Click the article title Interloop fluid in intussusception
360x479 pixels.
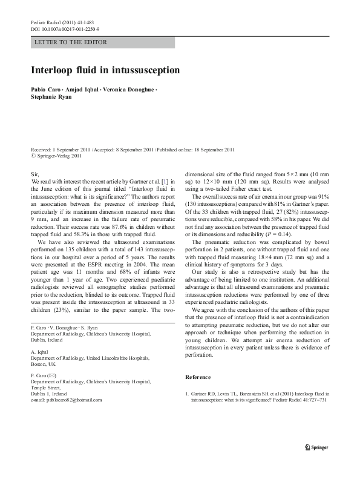(x=105, y=70)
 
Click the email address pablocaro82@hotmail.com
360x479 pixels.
(x=71, y=400)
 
